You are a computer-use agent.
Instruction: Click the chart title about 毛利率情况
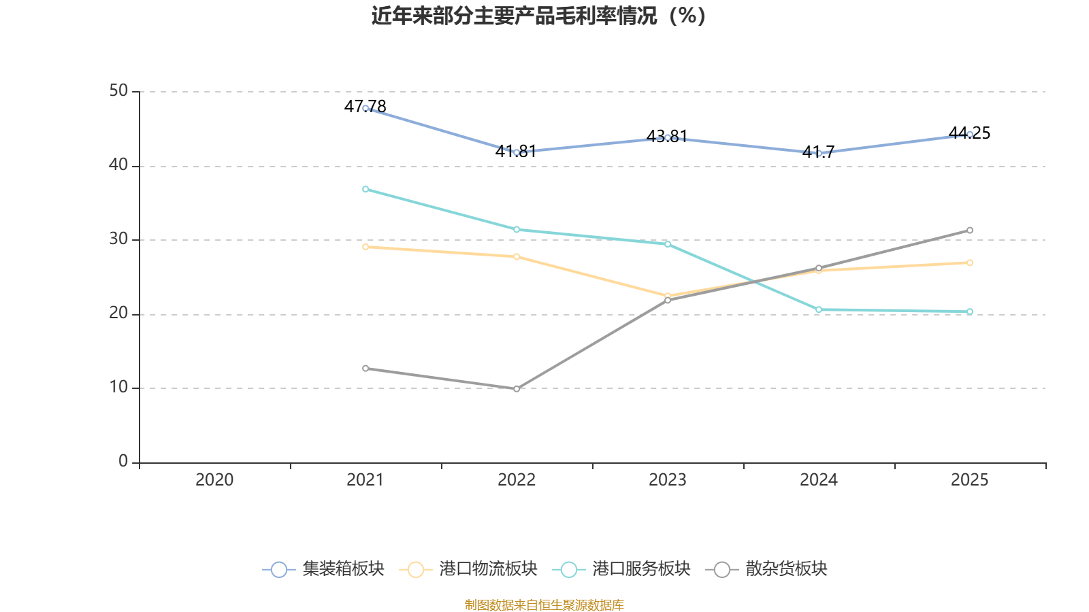(x=538, y=16)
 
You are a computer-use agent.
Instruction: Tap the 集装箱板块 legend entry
(x=324, y=569)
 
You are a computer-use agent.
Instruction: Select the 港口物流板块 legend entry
(x=469, y=569)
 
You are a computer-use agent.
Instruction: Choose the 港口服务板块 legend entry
(x=622, y=569)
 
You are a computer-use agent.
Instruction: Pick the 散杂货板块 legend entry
(x=767, y=569)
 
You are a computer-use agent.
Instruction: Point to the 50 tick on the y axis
(x=118, y=91)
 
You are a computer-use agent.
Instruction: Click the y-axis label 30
(x=118, y=239)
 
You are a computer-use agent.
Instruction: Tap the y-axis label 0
(x=123, y=462)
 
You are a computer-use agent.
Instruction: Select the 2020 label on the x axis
(x=214, y=480)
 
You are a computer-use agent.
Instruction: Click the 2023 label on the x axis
(x=668, y=480)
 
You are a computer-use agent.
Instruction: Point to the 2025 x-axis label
(x=969, y=480)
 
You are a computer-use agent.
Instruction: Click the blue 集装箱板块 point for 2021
(x=365, y=108)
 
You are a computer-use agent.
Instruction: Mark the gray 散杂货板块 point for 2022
(x=517, y=389)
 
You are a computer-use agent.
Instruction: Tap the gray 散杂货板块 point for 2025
(x=970, y=231)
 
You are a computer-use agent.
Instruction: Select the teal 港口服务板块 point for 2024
(x=819, y=310)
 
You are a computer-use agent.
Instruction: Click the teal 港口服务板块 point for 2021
(x=365, y=189)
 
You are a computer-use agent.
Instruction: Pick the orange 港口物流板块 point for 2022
(x=517, y=256)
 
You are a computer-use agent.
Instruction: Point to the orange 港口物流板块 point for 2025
(x=970, y=262)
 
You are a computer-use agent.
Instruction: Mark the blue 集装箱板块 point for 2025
(x=970, y=135)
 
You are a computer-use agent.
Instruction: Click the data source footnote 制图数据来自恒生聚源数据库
(x=544, y=605)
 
